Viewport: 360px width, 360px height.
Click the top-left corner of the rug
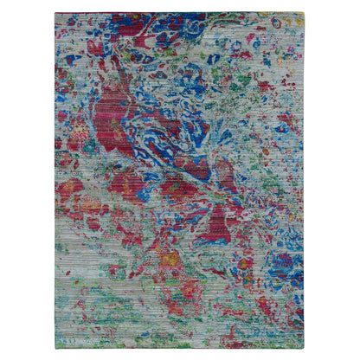point(55,13)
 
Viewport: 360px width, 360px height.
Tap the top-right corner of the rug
point(305,13)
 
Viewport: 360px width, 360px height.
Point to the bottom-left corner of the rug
point(55,348)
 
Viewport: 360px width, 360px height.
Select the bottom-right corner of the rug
point(305,348)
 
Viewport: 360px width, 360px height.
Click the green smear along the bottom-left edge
point(82,333)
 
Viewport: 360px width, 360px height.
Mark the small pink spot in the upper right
point(257,39)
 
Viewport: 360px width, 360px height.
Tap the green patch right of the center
point(247,173)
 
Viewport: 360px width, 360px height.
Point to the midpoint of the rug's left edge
point(55,180)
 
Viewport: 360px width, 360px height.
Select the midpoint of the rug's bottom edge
point(180,348)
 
